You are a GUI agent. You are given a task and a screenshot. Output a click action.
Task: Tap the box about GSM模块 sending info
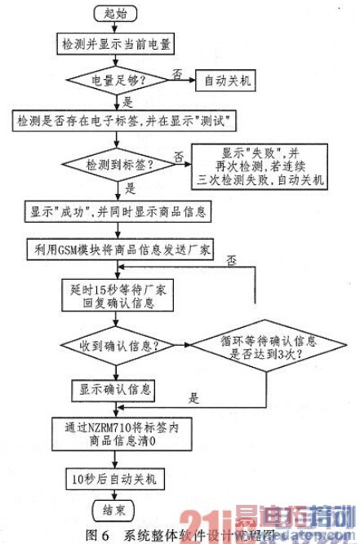pyautogui.click(x=118, y=249)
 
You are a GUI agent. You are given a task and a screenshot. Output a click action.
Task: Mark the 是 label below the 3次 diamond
pyautogui.click(x=193, y=400)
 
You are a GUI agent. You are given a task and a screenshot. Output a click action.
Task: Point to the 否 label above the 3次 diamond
pyautogui.click(x=233, y=260)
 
